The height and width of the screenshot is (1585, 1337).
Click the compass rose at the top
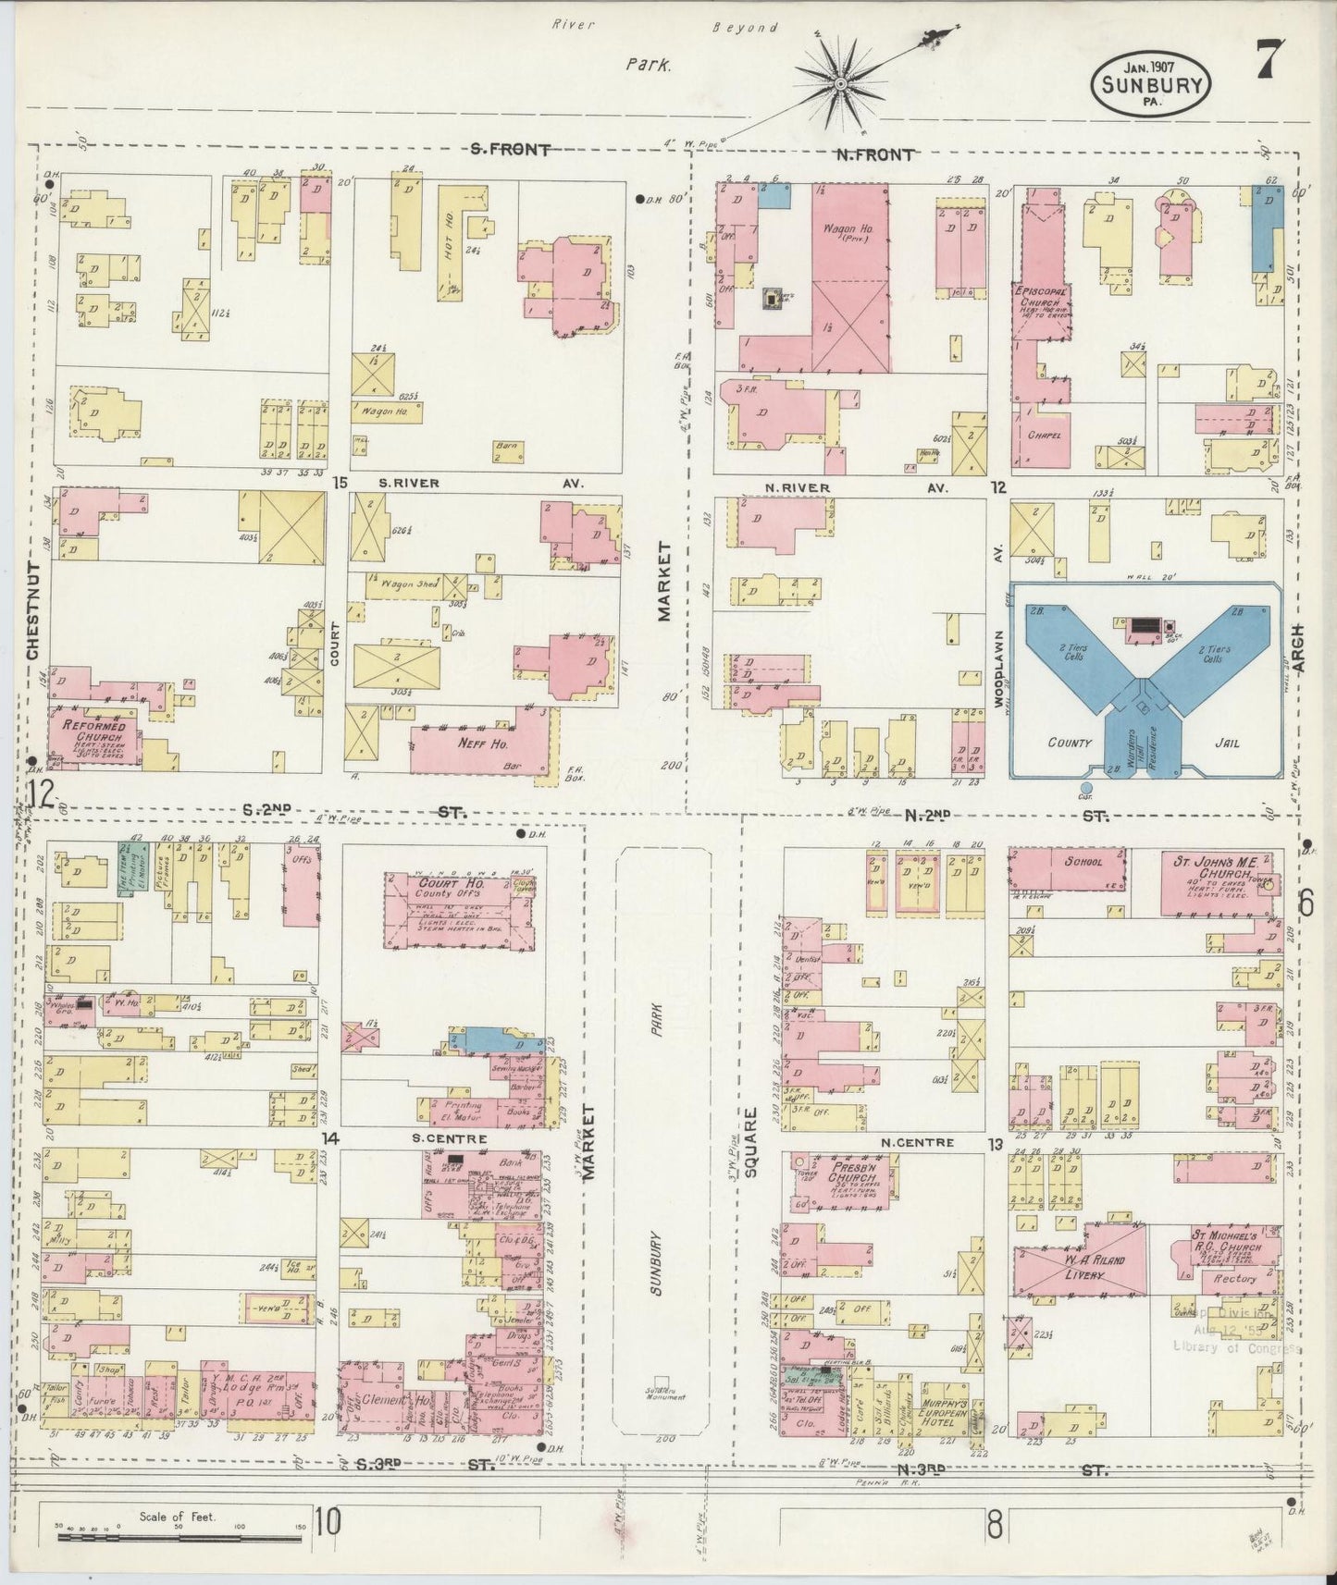842,84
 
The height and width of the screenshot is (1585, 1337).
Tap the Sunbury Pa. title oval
1151,86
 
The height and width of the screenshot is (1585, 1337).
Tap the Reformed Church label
93,732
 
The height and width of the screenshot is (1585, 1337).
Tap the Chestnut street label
33,609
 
